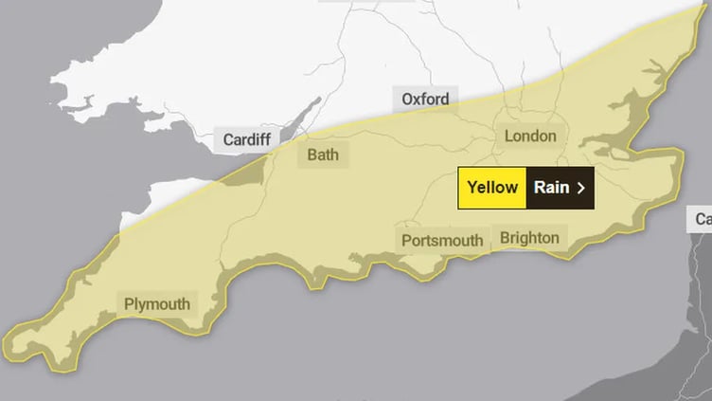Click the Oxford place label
425,99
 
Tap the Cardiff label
247,139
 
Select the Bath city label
322,154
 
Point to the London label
530,136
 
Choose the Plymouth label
157,304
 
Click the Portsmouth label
442,240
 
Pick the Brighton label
529,237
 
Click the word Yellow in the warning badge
492,187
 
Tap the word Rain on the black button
551,187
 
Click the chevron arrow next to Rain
581,188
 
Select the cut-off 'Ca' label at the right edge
702,219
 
